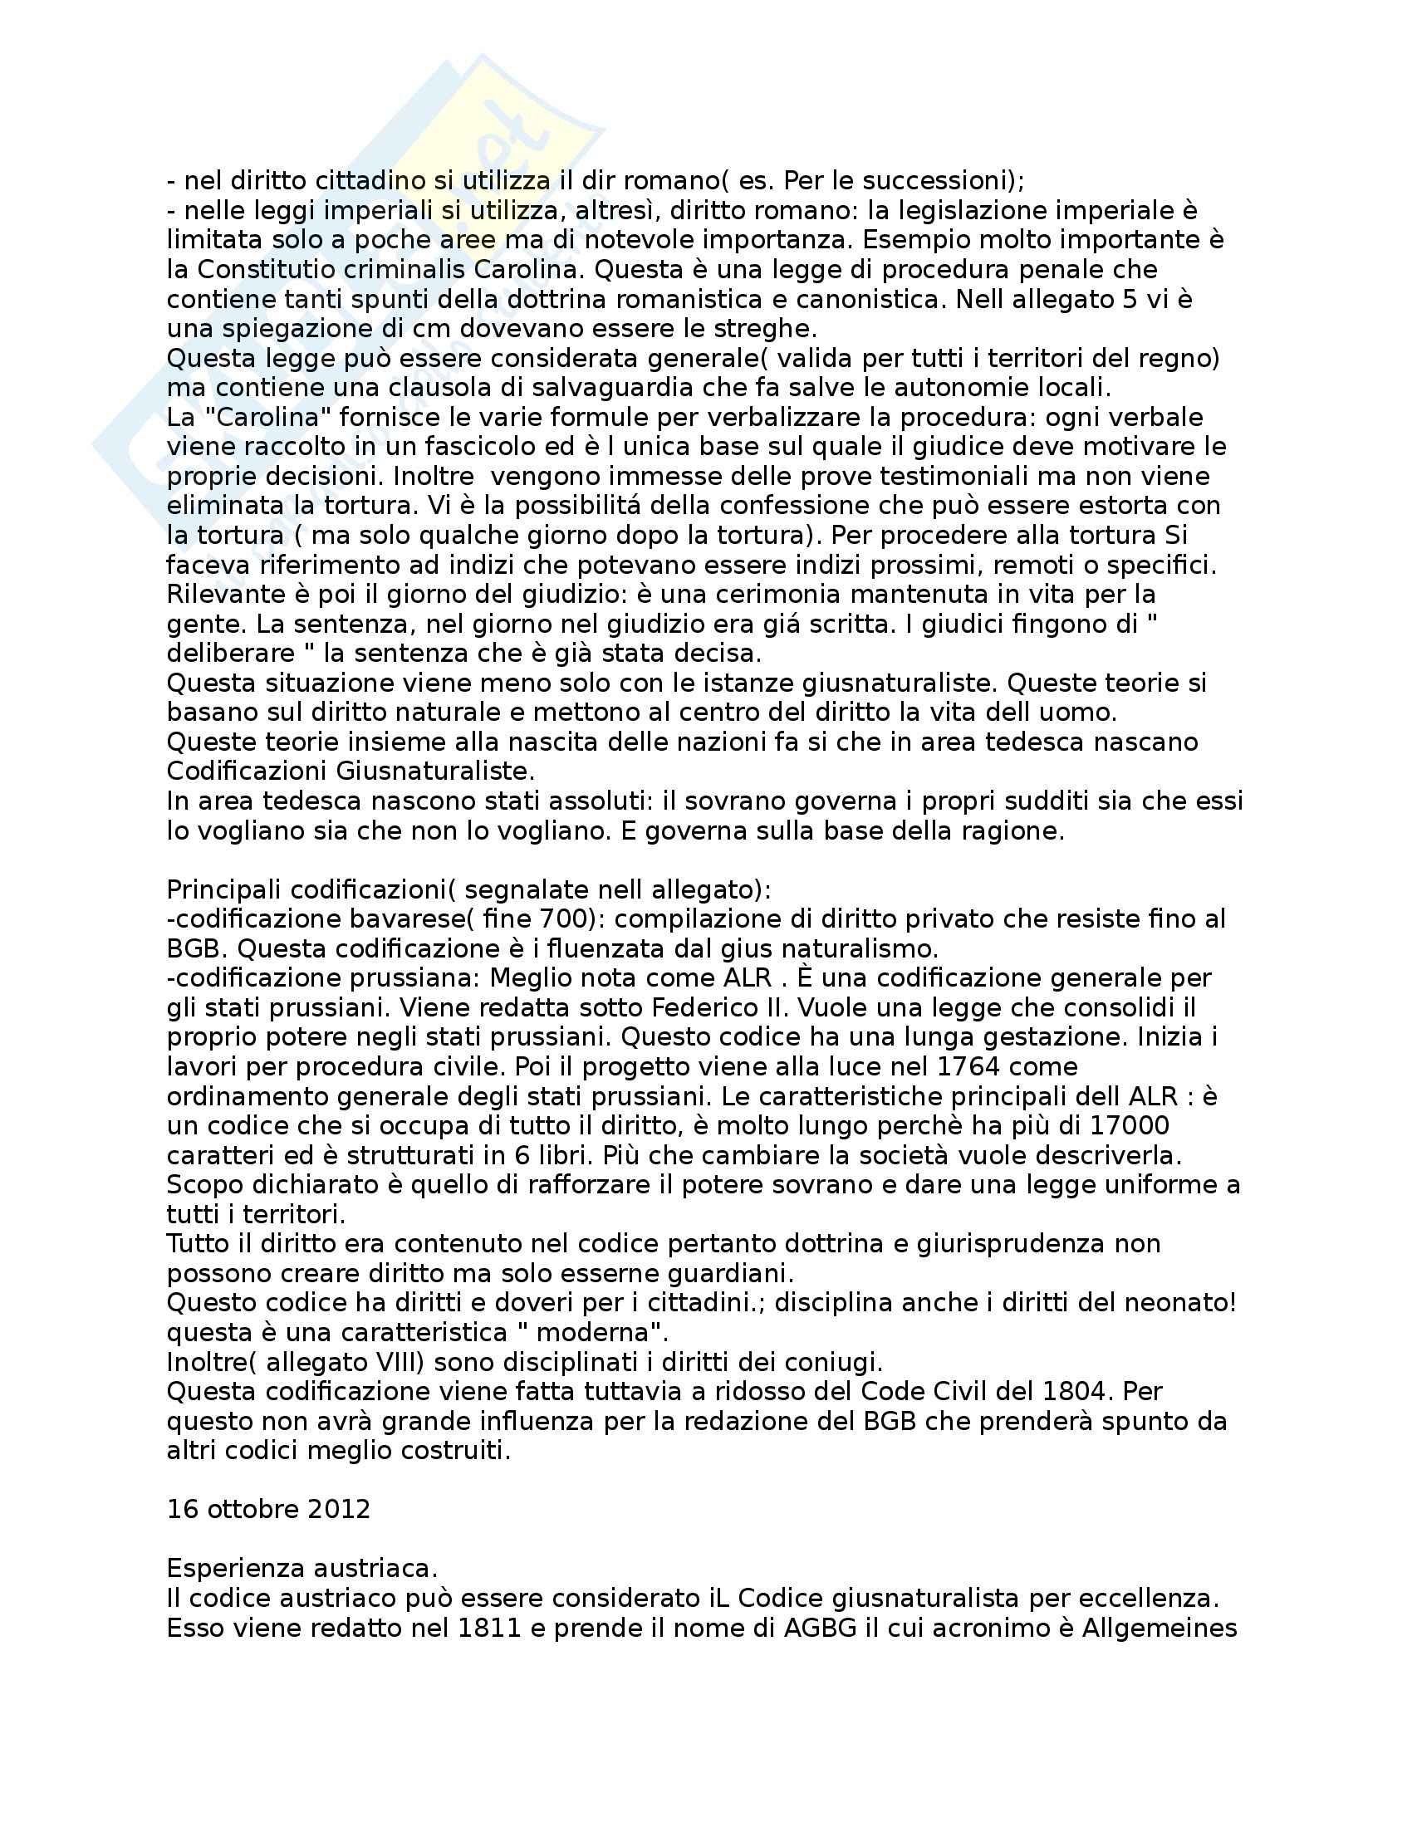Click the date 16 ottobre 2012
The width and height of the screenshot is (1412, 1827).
(x=268, y=1510)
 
